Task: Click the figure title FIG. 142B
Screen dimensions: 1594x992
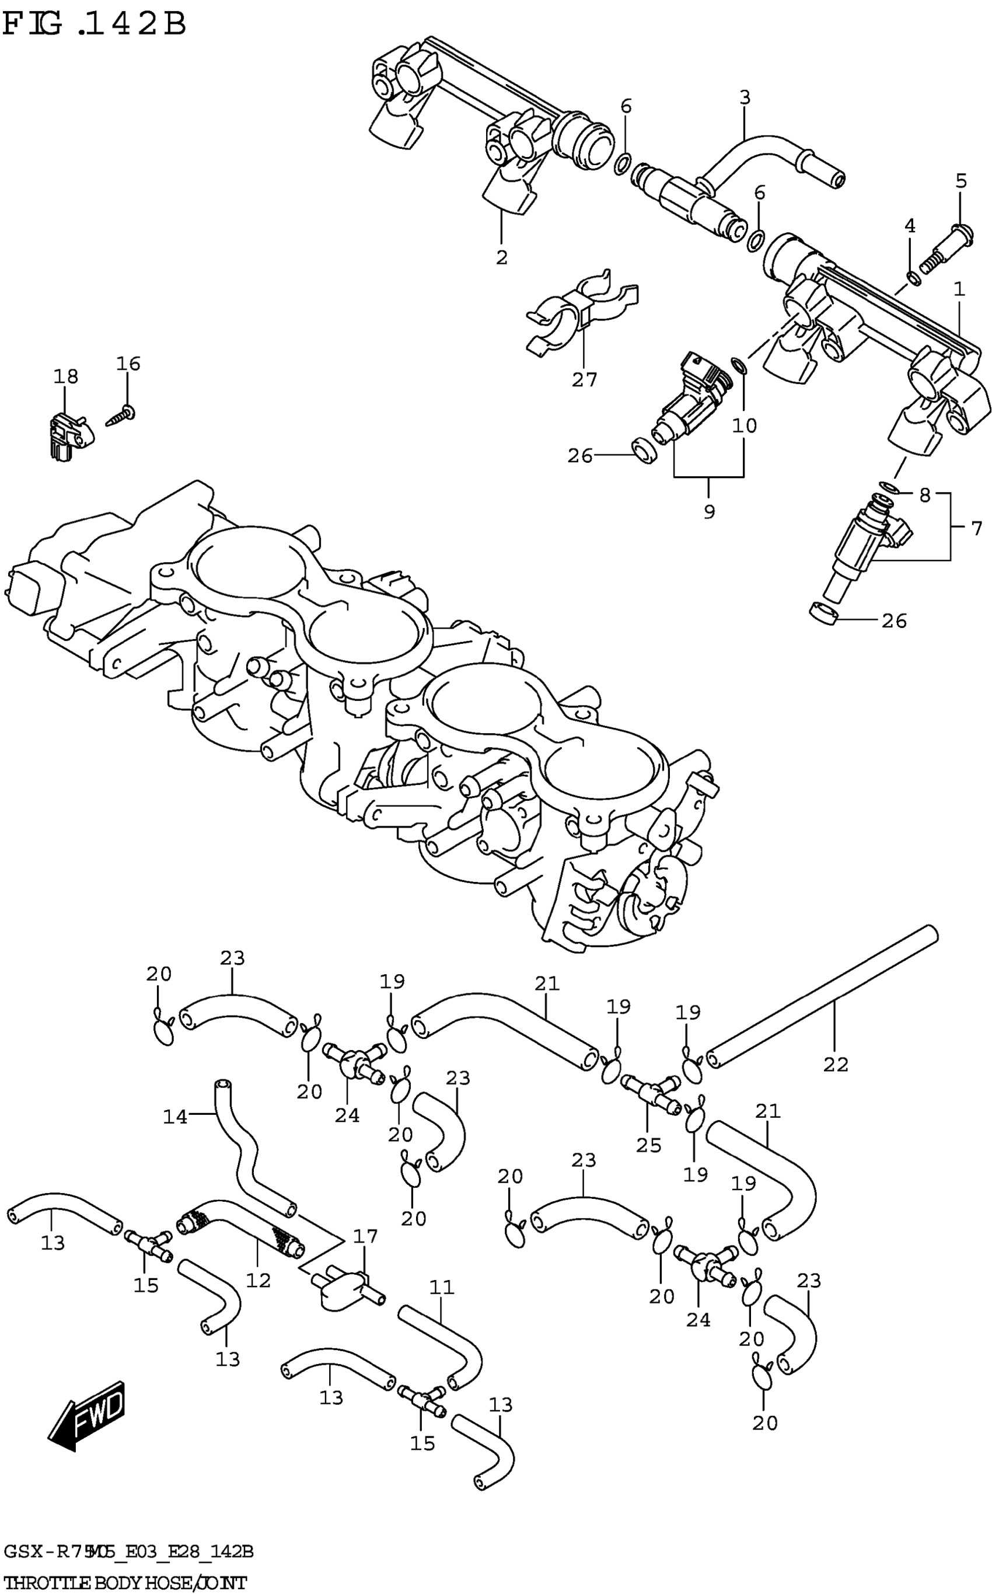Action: pyautogui.click(x=95, y=25)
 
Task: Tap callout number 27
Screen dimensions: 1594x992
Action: pyautogui.click(x=584, y=379)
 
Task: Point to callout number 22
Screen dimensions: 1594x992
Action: pyautogui.click(x=835, y=1064)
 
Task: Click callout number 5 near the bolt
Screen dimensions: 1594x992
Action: pyautogui.click(x=960, y=180)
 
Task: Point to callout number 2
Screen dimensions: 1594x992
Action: pyautogui.click(x=502, y=257)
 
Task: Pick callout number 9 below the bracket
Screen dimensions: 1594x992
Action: pyautogui.click(x=708, y=511)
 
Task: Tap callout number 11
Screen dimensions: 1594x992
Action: pyautogui.click(x=442, y=1287)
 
